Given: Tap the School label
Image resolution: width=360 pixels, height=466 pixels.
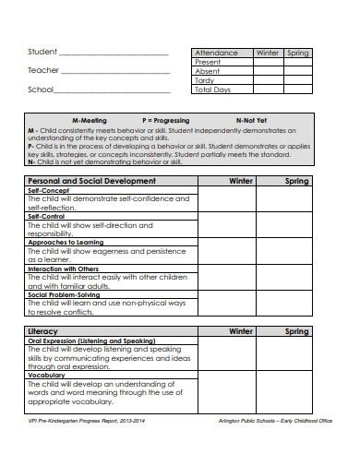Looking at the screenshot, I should click(42, 90).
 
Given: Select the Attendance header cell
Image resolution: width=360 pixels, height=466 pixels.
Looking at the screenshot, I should click(216, 53).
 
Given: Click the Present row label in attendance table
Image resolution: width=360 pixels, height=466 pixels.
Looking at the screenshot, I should click(209, 62).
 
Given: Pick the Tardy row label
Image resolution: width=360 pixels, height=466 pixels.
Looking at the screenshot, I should click(205, 80).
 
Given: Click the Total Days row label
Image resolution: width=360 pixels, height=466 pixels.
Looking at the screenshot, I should click(213, 90).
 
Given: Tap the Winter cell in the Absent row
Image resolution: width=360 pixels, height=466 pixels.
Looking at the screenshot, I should click(267, 71).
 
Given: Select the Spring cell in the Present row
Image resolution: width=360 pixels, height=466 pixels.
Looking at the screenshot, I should click(297, 62).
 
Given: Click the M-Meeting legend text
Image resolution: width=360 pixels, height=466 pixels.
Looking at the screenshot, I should click(90, 121).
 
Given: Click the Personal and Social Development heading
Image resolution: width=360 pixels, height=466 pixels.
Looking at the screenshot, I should click(92, 181).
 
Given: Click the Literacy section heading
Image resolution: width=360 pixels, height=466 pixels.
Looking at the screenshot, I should click(44, 330).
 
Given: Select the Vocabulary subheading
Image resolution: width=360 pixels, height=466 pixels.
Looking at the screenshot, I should click(46, 376).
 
